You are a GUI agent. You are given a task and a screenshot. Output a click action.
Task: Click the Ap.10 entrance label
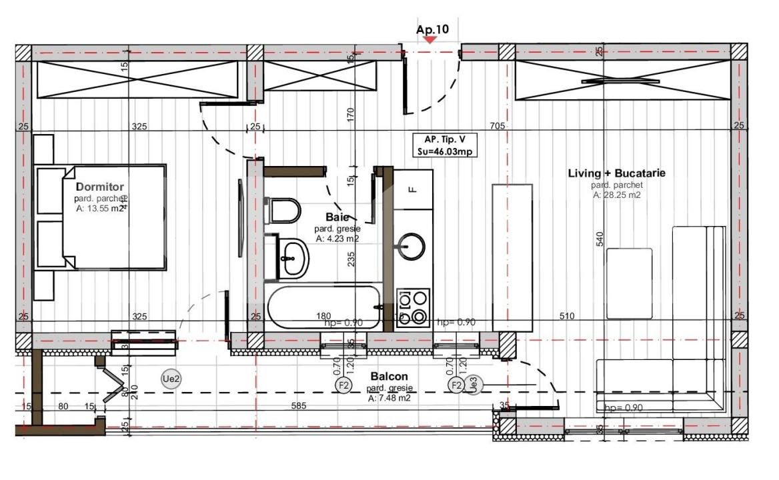432,29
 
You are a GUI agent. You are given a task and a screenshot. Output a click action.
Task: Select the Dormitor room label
99,187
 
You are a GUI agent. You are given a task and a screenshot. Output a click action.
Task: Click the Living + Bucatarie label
616,173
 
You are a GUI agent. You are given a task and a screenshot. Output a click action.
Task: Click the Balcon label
389,377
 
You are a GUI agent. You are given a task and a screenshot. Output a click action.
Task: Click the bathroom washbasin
291,258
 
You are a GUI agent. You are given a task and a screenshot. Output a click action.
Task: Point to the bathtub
324,308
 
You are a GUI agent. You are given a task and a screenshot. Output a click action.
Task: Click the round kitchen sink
412,246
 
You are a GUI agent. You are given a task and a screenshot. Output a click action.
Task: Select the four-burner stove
413,308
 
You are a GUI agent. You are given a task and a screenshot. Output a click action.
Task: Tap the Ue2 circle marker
171,379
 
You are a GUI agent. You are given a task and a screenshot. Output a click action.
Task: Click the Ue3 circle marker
473,384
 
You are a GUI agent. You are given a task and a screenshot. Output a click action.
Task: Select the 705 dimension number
498,126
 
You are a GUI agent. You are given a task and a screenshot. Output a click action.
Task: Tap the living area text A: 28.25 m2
616,195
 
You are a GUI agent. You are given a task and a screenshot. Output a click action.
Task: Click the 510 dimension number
566,316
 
